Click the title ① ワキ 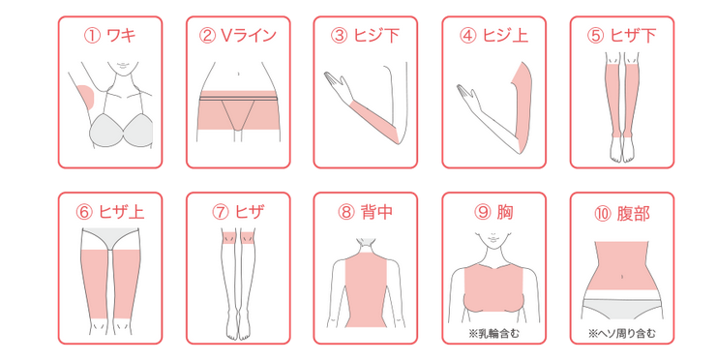(x=109, y=35)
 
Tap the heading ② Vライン (x=238, y=35)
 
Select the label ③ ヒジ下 (x=366, y=35)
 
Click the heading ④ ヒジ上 (x=493, y=35)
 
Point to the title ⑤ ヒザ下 (x=622, y=35)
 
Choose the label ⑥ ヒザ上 (x=109, y=212)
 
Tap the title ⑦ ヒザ (x=238, y=212)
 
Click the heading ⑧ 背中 (x=366, y=212)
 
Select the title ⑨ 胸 (x=493, y=212)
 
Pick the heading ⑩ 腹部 (x=622, y=213)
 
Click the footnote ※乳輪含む (x=493, y=334)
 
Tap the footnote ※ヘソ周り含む (x=622, y=334)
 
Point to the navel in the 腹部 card (x=622, y=276)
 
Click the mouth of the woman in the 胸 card (x=493, y=239)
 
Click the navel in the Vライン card (x=238, y=74)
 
